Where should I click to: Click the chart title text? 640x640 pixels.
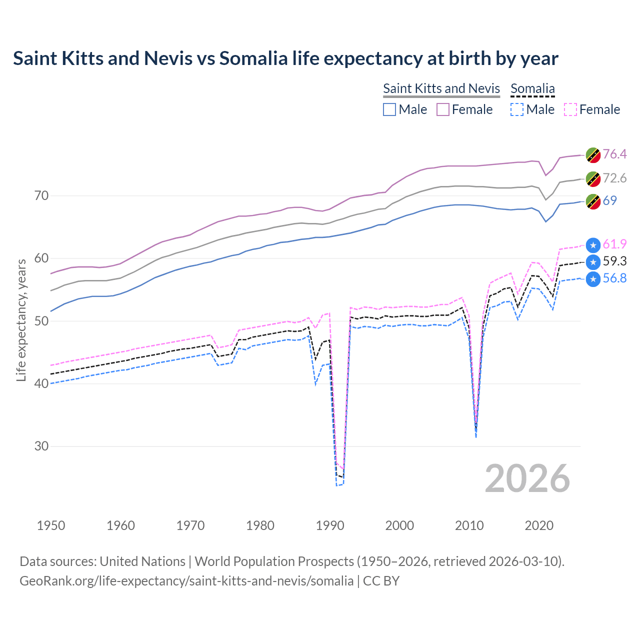[x=285, y=58]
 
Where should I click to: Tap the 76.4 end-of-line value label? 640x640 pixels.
[x=614, y=154]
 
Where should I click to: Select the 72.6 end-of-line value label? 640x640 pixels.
[x=614, y=178]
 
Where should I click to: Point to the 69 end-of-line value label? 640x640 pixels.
[x=609, y=200]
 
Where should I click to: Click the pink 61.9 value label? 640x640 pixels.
[x=614, y=244]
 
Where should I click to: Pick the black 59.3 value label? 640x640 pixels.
[x=614, y=261]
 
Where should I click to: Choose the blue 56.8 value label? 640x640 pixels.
[x=614, y=278]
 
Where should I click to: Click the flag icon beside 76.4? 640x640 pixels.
[x=593, y=155]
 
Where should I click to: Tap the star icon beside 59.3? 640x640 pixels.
[x=593, y=262]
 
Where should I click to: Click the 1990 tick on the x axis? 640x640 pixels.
[x=330, y=525]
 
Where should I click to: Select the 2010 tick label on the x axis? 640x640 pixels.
[x=469, y=525]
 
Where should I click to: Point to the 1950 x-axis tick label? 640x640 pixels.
[x=51, y=525]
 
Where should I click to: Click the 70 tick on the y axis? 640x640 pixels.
[x=41, y=195]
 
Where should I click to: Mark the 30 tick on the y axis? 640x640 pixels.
[x=41, y=446]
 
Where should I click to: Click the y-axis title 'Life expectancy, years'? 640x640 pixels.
[x=21, y=320]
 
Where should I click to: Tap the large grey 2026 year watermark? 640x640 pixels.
[x=527, y=478]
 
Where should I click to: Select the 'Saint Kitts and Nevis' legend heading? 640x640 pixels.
[x=441, y=88]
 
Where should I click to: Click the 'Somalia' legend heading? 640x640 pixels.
[x=532, y=88]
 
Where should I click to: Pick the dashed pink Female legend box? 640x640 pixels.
[x=570, y=109]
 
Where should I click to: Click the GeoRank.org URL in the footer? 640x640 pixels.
[x=186, y=581]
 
